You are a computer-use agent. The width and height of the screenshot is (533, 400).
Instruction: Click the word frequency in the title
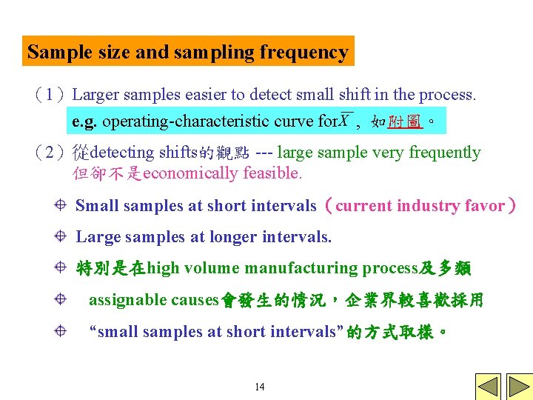coord(304,53)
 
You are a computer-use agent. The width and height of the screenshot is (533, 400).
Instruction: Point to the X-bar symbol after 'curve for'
coord(345,119)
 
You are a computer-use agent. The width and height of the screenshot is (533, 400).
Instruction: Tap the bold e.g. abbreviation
coord(85,120)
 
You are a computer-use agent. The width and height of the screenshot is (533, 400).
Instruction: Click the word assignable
coord(127,300)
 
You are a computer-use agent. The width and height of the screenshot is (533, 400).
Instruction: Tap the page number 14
coord(259,387)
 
